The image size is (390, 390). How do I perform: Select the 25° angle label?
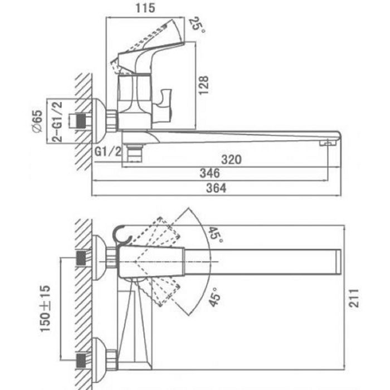tap(195, 25)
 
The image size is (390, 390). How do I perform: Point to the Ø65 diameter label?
tap(37, 120)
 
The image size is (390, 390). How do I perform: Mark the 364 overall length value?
tap(217, 188)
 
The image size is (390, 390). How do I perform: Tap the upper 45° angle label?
tap(214, 235)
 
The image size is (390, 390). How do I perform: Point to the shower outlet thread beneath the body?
tap(134, 151)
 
